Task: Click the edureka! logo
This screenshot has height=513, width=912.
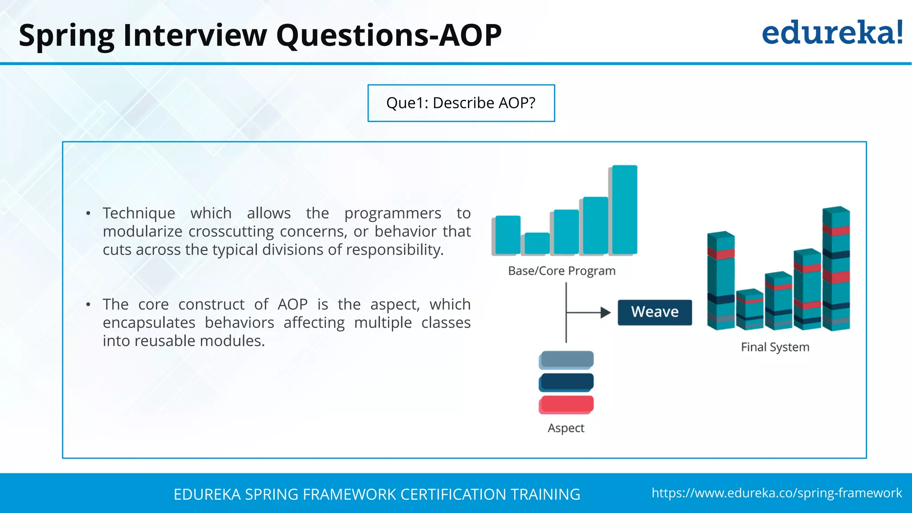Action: pyautogui.click(x=832, y=33)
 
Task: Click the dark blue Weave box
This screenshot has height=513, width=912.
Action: pyautogui.click(x=655, y=312)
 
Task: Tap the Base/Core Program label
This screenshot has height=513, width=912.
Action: pyautogui.click(x=562, y=271)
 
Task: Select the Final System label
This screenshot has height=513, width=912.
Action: pyautogui.click(x=775, y=347)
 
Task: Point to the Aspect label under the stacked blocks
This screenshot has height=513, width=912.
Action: pyautogui.click(x=566, y=428)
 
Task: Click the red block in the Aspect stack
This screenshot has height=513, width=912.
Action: pyautogui.click(x=566, y=404)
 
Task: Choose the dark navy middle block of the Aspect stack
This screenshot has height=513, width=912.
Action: pyautogui.click(x=566, y=382)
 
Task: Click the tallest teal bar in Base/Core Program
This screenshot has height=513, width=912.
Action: pyautogui.click(x=624, y=209)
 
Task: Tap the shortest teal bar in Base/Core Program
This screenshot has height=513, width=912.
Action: pyautogui.click(x=537, y=243)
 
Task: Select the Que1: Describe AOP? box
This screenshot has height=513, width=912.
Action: pyautogui.click(x=461, y=103)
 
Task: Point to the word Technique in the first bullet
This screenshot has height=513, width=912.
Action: pyautogui.click(x=139, y=213)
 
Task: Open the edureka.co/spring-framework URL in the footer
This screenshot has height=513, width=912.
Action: pyautogui.click(x=777, y=493)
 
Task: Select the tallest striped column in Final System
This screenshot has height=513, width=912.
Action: pyautogui.click(x=836, y=269)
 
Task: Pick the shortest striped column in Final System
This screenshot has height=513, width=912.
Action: pyautogui.click(x=750, y=310)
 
